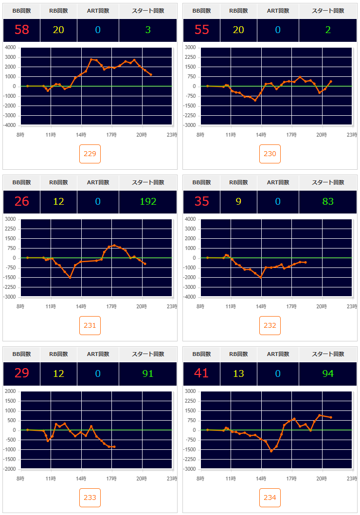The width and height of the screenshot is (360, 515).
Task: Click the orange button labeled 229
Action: coord(90,154)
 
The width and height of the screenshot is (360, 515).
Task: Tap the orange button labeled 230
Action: coord(270,154)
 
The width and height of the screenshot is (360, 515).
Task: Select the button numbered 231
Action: coord(90,326)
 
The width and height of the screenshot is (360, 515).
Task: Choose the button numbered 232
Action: coord(270,326)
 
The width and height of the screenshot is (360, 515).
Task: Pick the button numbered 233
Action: coord(90,497)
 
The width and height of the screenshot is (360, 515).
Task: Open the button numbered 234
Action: coord(270,497)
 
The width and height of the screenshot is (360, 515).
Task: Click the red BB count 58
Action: coord(22,30)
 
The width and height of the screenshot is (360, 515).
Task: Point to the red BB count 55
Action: coord(202,30)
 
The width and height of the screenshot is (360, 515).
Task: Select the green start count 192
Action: coord(148,201)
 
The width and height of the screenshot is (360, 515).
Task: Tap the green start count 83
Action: coord(328,201)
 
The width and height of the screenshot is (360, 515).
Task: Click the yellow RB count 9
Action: coord(238,201)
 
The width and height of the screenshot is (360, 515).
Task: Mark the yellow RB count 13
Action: coord(238,373)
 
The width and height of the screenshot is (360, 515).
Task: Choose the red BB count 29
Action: coord(22,373)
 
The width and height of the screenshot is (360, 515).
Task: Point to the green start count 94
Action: coord(328,373)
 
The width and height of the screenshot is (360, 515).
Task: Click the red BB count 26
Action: coord(22,201)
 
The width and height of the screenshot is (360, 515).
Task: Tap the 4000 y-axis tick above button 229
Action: coord(10,48)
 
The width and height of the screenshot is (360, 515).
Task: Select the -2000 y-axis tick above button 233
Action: coord(9,469)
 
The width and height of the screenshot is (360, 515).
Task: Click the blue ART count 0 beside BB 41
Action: coord(278,373)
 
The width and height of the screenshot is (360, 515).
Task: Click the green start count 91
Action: coord(148,373)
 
